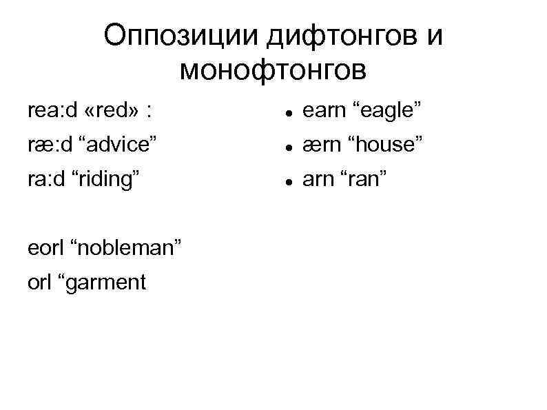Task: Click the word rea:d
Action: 52,110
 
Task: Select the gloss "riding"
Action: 110,179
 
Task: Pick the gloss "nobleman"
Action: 128,247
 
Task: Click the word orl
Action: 39,282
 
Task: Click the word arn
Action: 318,179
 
